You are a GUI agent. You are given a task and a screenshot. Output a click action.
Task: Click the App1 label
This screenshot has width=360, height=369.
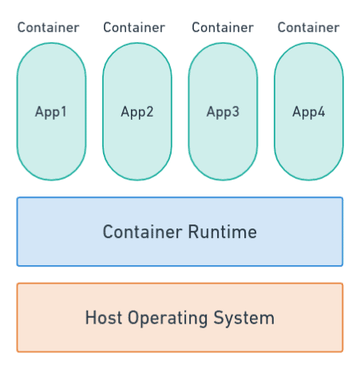50,112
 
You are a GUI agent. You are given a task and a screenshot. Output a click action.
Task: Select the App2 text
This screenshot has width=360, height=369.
137,112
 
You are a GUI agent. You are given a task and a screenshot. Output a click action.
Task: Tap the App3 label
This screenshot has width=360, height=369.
223,112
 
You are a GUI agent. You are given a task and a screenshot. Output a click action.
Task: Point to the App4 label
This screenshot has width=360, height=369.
309,112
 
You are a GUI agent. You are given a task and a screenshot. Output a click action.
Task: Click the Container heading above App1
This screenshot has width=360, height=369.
48,27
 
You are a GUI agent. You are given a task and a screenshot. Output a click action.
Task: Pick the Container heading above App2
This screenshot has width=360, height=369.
134,27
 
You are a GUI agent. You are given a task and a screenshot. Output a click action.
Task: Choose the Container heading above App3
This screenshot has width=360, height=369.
223,27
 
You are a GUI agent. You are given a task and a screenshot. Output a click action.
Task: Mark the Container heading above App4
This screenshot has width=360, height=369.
308,27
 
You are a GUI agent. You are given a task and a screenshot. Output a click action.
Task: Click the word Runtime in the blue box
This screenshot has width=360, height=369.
223,232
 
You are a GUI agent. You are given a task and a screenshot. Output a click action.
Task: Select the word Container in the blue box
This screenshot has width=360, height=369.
142,232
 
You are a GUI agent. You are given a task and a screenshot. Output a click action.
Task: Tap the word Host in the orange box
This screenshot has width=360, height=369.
104,318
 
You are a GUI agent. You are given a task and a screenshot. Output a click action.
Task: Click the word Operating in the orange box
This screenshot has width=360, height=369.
168,319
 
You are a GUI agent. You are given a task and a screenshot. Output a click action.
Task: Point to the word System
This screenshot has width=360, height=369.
243,319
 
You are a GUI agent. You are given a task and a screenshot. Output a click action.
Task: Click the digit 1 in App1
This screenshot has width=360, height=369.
63,111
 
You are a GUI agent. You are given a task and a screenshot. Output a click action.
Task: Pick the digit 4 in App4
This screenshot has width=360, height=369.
322,111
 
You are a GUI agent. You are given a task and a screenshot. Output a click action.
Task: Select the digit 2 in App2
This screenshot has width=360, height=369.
150,111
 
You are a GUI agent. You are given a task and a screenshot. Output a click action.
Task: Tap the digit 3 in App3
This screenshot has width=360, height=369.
235,111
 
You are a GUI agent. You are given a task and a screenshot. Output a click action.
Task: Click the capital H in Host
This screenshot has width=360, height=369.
90,318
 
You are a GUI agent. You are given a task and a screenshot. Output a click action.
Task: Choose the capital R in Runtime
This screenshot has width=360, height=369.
193,232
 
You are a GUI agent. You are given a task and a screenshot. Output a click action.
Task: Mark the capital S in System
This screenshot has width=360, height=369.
219,318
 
